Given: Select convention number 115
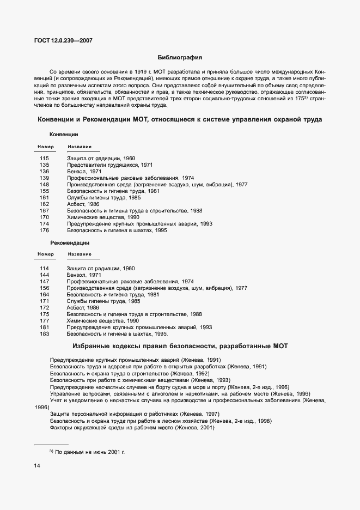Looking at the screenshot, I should coord(44,158).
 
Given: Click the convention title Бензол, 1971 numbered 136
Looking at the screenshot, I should coord(84,171).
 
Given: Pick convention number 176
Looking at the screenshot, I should coord(44,230).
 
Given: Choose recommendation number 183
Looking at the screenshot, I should coord(44,334).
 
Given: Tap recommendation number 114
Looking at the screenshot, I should coord(44,268).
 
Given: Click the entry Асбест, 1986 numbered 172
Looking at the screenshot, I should coord(83,308).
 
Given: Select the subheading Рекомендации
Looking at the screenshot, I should coord(70,242).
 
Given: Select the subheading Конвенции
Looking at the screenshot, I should coord(64,134).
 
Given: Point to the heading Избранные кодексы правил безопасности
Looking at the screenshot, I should coord(180,347).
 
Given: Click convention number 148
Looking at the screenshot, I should coord(44,184).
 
